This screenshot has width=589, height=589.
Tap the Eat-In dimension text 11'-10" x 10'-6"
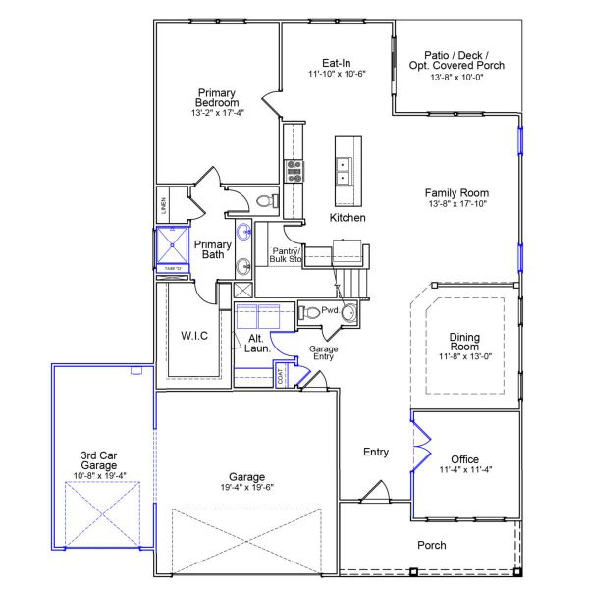pos(337,75)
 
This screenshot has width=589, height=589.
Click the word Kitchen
pos(348,217)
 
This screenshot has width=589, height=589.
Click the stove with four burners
pos(293,174)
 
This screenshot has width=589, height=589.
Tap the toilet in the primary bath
pos(262,201)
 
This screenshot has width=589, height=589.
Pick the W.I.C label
pos(192,335)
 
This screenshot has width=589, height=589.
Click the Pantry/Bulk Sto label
pos(285,257)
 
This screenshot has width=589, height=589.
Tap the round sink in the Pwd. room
pos(348,313)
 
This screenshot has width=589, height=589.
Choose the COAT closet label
pos(282,377)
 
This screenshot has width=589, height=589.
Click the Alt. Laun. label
pos(256,343)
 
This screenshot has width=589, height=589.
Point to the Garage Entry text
pos(323,353)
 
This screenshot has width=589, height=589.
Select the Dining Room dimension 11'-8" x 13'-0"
pos(464,357)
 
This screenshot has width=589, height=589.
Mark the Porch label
pos(432,545)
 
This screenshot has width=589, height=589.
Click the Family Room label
pos(456,193)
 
